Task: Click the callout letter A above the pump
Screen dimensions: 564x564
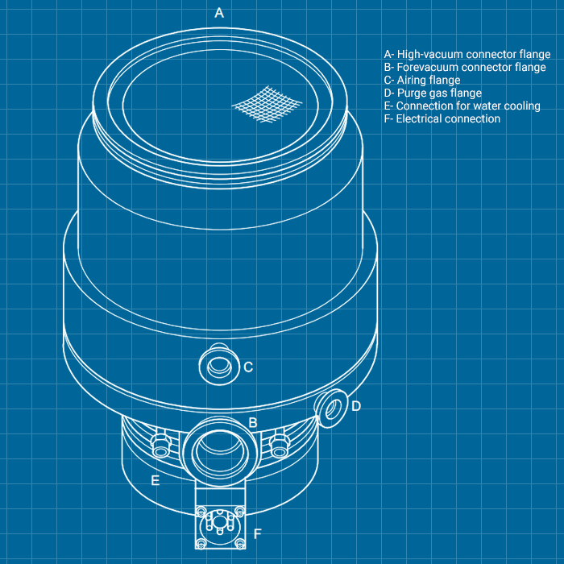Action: tap(218, 13)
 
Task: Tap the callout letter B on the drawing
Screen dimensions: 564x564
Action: tap(252, 423)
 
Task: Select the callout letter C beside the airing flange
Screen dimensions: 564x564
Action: tap(248, 367)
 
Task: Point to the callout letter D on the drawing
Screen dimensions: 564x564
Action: tap(356, 406)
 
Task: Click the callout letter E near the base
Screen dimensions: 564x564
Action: tap(155, 481)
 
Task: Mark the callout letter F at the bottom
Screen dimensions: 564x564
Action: tap(258, 534)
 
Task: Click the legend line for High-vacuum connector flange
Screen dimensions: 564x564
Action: tap(467, 55)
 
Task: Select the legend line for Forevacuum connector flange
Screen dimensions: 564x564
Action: tap(465, 68)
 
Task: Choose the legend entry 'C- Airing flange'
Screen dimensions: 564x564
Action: tap(422, 81)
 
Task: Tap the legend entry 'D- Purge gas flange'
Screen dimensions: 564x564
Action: tap(433, 93)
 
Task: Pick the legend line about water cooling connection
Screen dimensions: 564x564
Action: tap(462, 106)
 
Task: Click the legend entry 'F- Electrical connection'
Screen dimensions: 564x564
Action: tap(442, 119)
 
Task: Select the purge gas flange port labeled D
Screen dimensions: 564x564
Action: tap(331, 407)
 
